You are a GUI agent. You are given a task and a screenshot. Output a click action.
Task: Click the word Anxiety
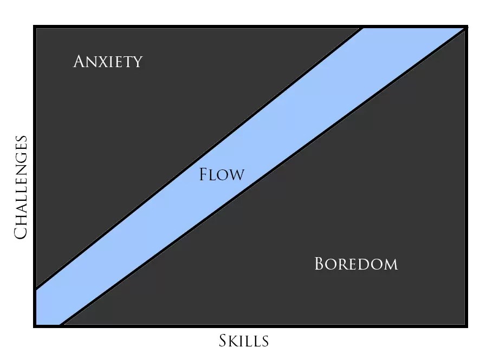tap(107, 62)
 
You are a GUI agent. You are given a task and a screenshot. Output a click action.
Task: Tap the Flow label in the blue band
tap(222, 175)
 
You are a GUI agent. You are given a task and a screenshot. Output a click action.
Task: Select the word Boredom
tap(356, 264)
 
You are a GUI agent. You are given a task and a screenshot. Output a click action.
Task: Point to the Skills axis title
tap(244, 341)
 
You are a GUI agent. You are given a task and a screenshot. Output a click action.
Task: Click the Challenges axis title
tap(21, 187)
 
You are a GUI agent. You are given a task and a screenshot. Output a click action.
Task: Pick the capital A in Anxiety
tap(79, 61)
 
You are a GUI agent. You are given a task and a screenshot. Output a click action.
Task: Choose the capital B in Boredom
tap(320, 264)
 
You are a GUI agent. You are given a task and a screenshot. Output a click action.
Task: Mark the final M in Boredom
tap(390, 265)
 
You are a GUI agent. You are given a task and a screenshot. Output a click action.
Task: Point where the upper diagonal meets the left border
tap(35, 287)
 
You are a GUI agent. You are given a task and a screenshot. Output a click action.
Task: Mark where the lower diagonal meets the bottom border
tap(61, 325)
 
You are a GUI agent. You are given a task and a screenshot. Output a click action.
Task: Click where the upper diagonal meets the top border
tap(362, 27)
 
